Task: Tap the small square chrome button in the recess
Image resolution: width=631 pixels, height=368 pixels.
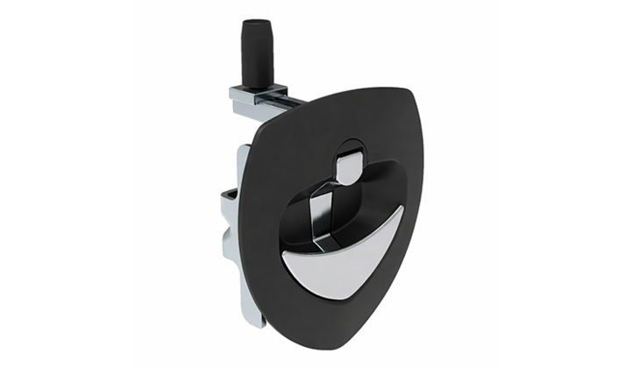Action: [348, 166]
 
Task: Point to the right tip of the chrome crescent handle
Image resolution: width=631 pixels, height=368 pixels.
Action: [401, 210]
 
